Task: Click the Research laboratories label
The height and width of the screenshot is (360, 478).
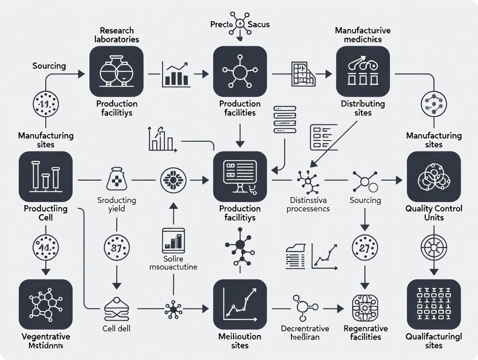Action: pyautogui.click(x=116, y=35)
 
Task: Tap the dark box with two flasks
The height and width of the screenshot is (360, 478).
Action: pyautogui.click(x=116, y=71)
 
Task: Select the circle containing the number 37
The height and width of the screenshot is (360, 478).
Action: pyautogui.click(x=116, y=248)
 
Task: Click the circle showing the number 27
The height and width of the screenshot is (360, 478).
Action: pyautogui.click(x=365, y=248)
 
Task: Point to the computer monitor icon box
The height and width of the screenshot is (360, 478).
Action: pyautogui.click(x=240, y=177)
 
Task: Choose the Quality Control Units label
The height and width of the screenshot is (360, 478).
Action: pyautogui.click(x=433, y=212)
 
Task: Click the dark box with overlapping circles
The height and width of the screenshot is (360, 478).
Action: pyautogui.click(x=433, y=177)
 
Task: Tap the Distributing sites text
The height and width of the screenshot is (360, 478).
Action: pyautogui.click(x=363, y=108)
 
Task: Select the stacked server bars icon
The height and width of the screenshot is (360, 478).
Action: pyautogui.click(x=285, y=119)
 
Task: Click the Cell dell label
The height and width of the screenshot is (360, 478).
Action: pyautogui.click(x=117, y=328)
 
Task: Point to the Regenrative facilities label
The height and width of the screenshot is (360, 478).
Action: pyautogui.click(x=365, y=333)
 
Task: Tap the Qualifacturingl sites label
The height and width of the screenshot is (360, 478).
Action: pyautogui.click(x=433, y=341)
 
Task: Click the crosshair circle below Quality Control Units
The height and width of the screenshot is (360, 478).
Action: pyautogui.click(x=433, y=248)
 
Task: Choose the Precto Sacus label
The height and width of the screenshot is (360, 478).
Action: pyautogui.click(x=239, y=24)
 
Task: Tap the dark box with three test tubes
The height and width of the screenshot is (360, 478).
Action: pyautogui.click(x=45, y=177)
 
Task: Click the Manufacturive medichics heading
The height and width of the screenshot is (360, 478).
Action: pyautogui.click(x=363, y=35)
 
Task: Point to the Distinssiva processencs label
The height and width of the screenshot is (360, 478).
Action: pyautogui.click(x=310, y=204)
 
